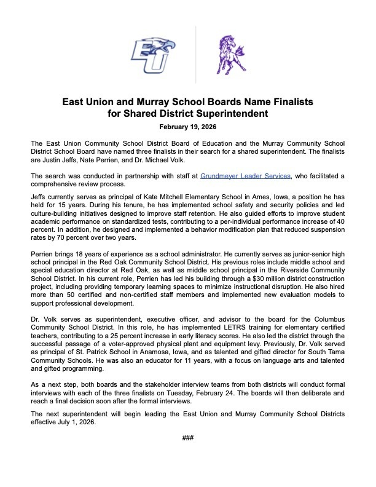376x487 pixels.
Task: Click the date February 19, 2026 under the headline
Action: [187, 127]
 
